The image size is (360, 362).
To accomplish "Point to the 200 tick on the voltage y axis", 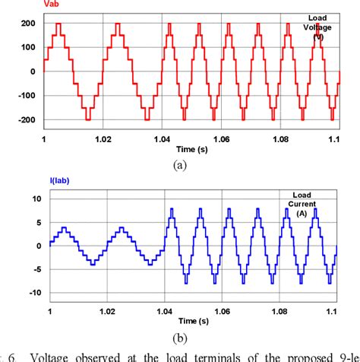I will pos(28,24).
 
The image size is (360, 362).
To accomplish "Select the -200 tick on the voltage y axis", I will pos(26,119).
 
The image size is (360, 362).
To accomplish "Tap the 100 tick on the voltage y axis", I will pos(28,48).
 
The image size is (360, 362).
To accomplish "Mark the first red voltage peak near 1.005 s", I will pos(58,25).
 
